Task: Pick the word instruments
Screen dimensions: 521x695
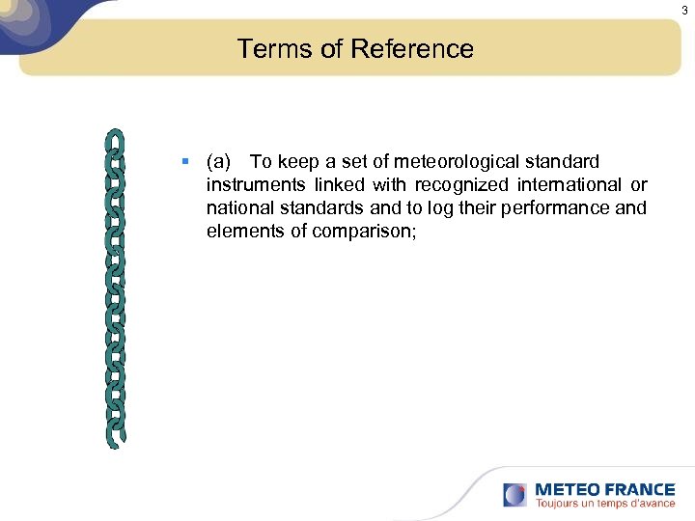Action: click(254, 184)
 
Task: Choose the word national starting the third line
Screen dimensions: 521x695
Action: click(237, 207)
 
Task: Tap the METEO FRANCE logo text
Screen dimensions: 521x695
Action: click(604, 489)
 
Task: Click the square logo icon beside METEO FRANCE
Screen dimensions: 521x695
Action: click(515, 495)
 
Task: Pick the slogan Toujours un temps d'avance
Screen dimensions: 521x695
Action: click(604, 504)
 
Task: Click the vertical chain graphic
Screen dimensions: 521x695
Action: click(115, 288)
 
